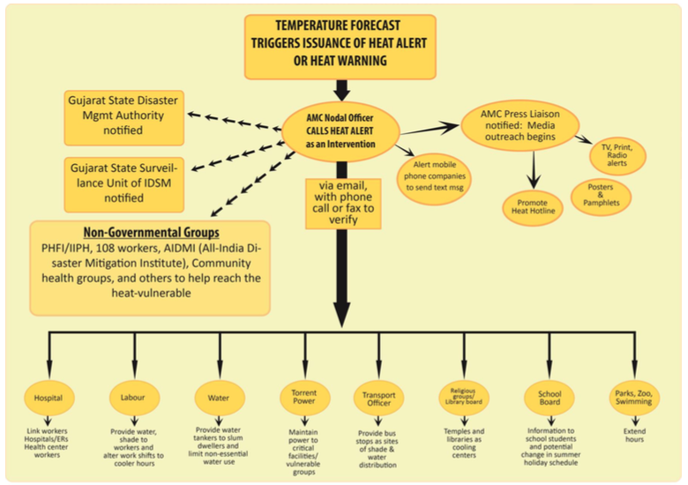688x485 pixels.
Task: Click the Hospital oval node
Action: coord(49,398)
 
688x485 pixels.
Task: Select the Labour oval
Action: coord(134,398)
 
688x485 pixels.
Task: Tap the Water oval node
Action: coord(220,398)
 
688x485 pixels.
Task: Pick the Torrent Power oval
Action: coord(304,398)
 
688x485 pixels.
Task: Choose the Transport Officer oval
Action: coord(378,399)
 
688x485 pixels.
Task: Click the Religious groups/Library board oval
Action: coord(464,398)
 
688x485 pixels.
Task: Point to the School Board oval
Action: coord(550,398)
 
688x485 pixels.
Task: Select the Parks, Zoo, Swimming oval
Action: coord(634,398)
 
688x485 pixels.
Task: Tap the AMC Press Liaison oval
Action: coord(520,125)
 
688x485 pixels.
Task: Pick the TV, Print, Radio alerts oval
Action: coord(617,156)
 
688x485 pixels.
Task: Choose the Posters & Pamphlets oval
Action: coord(602,196)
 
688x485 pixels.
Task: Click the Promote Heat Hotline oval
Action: coord(533,207)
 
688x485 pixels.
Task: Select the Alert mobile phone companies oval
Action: coord(434,176)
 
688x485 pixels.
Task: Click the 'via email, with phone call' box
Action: coord(343,204)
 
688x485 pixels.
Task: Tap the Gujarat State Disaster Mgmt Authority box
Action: coord(123,117)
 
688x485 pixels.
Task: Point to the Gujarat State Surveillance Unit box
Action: coord(123,184)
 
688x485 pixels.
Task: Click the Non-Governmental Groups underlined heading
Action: coord(152,233)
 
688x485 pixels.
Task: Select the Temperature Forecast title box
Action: coord(340,47)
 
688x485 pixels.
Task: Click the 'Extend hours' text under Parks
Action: coord(634,435)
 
